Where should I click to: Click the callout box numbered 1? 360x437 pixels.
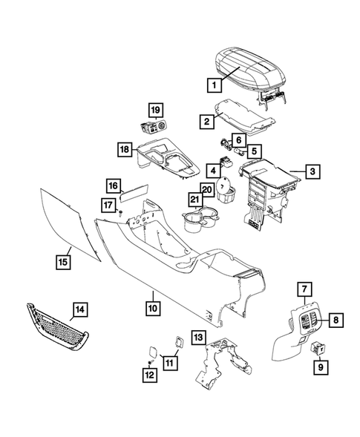(215, 85)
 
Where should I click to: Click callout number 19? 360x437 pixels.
(154, 111)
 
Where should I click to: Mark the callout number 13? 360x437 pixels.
(198, 338)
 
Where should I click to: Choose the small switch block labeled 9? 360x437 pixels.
(319, 346)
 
